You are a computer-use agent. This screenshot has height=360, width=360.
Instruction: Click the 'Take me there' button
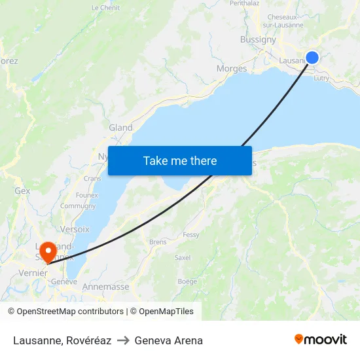point(180,160)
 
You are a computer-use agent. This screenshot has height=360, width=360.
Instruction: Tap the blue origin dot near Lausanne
point(312,58)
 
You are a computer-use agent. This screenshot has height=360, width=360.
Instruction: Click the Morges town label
point(232,69)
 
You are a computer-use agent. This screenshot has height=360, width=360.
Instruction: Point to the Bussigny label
point(258,39)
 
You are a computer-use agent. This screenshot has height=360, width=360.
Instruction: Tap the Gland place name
point(120,128)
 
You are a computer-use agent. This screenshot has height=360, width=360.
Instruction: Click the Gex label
point(22,191)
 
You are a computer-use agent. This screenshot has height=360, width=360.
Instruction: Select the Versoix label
point(75,229)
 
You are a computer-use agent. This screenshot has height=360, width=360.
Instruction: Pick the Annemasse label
point(105,287)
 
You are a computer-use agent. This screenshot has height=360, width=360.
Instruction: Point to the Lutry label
point(321,78)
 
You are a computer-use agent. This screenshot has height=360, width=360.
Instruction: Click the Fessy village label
point(191,235)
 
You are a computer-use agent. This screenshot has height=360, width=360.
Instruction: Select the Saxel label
point(183,258)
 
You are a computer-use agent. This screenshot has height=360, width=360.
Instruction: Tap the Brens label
point(158,242)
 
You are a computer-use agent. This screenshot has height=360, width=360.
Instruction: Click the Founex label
point(86,195)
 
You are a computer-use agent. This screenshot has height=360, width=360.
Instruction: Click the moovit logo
point(320,340)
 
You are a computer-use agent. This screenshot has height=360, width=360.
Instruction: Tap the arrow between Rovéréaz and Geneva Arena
point(122,340)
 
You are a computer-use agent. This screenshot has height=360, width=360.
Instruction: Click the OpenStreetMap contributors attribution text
point(68,312)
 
